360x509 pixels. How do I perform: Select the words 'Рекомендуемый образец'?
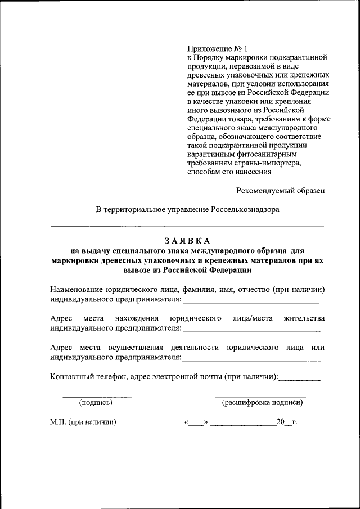click(x=281, y=190)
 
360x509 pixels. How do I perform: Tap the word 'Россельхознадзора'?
click(x=245, y=209)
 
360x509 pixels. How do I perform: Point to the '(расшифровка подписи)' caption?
click(x=263, y=402)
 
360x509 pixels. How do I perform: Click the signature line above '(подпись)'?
click(x=97, y=397)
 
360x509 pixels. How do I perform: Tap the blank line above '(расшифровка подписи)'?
click(x=260, y=397)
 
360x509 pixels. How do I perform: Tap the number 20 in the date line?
click(x=281, y=422)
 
